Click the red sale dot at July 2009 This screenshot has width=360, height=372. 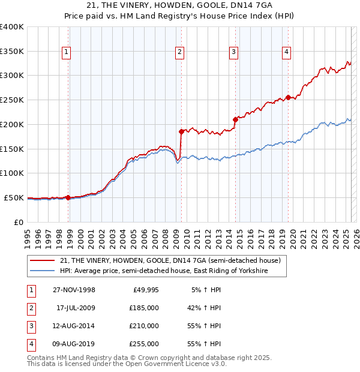click(181, 131)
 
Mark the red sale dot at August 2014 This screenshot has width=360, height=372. click(235, 119)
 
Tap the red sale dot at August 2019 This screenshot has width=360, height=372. click(289, 97)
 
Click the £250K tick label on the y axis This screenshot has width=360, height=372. click(12, 100)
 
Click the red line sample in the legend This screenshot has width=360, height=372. click(42, 261)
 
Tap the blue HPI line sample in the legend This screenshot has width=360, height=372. click(42, 271)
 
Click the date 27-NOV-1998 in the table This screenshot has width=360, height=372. click(74, 290)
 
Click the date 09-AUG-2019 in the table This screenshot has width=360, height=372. click(74, 344)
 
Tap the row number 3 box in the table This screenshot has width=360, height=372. click(30, 326)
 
